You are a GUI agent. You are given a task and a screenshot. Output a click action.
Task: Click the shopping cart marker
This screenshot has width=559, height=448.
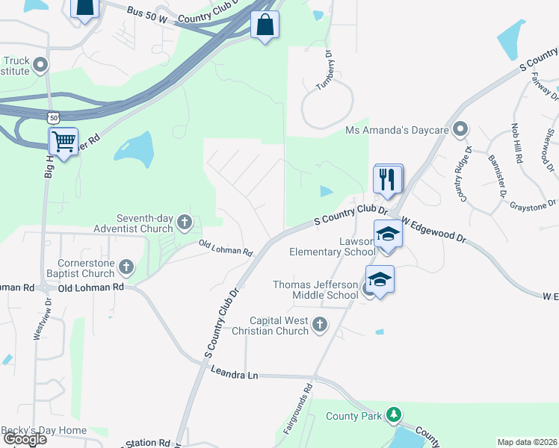(x=64, y=140)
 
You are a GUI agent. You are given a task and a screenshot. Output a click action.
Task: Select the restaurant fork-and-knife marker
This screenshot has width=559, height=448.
(x=388, y=179)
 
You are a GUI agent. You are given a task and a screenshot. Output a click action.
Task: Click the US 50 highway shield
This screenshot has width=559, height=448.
(x=52, y=118)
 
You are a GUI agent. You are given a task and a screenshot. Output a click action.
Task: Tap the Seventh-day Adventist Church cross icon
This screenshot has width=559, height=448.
(x=185, y=223)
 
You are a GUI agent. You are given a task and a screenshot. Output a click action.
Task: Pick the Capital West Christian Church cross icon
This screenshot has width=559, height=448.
(x=320, y=324)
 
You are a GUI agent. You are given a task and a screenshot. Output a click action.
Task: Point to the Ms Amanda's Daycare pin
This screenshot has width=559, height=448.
(x=460, y=130)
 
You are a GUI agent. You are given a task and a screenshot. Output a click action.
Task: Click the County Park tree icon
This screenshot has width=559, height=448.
(x=394, y=414)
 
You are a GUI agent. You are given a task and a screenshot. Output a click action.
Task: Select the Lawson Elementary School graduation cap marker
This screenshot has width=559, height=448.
(x=387, y=234)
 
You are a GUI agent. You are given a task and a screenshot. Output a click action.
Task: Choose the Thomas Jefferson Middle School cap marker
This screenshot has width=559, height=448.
(x=380, y=279)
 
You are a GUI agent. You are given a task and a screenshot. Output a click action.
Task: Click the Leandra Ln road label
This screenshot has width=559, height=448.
(x=234, y=374)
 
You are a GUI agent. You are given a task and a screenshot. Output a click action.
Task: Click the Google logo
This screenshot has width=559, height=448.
(x=25, y=440)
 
